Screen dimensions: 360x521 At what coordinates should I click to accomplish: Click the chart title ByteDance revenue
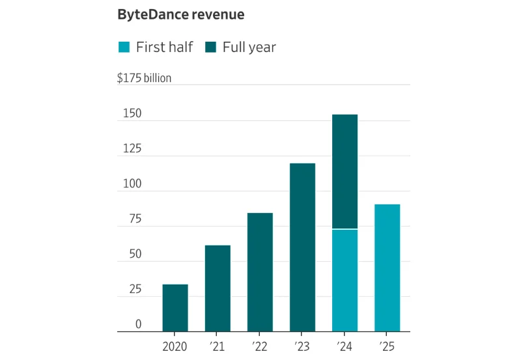[x=180, y=14]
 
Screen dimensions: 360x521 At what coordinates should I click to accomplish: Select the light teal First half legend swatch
[x=124, y=47]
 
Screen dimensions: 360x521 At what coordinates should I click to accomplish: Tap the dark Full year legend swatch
[x=210, y=47]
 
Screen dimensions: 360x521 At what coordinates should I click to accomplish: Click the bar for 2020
[x=175, y=308]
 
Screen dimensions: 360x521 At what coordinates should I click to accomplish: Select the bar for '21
[x=218, y=288]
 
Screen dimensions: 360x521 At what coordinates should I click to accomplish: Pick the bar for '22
[x=260, y=272]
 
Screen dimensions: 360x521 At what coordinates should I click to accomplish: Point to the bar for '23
[x=302, y=247]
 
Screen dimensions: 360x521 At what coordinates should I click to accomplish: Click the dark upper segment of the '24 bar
[x=345, y=171]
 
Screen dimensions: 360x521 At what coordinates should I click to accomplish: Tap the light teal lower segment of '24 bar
[x=345, y=281]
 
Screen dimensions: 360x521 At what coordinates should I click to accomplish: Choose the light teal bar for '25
[x=387, y=268]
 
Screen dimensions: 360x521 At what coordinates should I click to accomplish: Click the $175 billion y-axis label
[x=144, y=78]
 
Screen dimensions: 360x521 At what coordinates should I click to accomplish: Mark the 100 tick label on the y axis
[x=132, y=185]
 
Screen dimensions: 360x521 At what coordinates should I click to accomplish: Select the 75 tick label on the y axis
[x=135, y=219]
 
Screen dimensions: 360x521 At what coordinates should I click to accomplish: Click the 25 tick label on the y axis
[x=135, y=290]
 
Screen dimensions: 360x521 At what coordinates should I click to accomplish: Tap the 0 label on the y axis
[x=138, y=325]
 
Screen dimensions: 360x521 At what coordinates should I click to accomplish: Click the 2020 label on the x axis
[x=175, y=347]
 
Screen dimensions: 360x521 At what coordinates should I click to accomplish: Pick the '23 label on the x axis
[x=302, y=347]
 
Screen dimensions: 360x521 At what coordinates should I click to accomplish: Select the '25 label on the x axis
[x=387, y=347]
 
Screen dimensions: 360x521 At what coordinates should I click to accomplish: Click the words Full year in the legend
[x=249, y=47]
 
